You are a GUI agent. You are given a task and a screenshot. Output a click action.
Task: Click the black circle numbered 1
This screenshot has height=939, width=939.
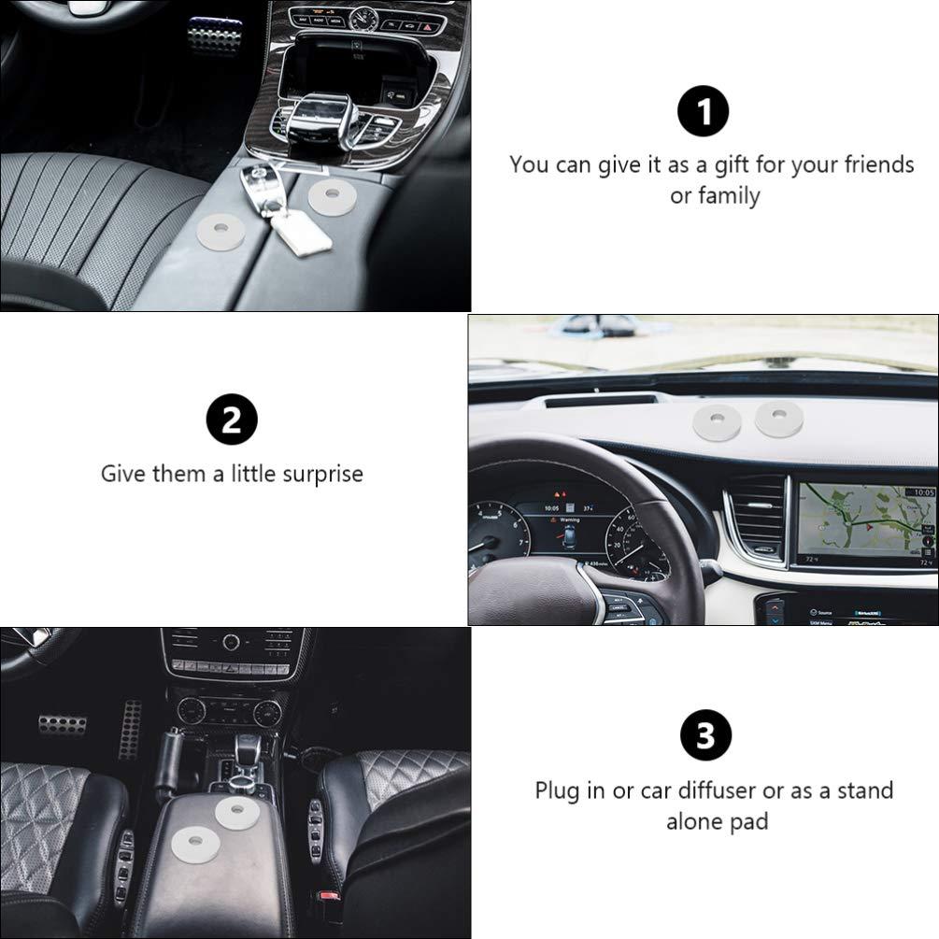[703, 111]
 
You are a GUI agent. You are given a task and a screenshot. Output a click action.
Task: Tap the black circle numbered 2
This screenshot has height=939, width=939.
[232, 420]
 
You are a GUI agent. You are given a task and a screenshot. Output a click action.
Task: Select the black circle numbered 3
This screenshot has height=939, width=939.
[706, 734]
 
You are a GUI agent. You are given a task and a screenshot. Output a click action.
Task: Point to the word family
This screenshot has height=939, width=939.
[729, 196]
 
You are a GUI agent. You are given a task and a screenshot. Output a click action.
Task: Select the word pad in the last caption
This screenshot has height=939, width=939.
[748, 821]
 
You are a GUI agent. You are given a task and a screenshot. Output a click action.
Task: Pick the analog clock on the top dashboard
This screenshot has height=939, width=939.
[363, 20]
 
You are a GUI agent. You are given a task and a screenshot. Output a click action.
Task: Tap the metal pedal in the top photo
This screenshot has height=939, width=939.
[214, 35]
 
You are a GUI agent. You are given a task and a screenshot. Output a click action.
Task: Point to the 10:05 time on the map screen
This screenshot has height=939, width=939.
[923, 492]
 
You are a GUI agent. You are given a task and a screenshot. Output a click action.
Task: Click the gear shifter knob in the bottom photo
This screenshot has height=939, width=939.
[245, 747]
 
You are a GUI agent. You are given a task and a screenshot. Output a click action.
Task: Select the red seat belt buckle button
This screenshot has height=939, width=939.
[327, 896]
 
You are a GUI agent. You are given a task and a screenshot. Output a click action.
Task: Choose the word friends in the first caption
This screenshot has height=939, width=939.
[879, 164]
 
